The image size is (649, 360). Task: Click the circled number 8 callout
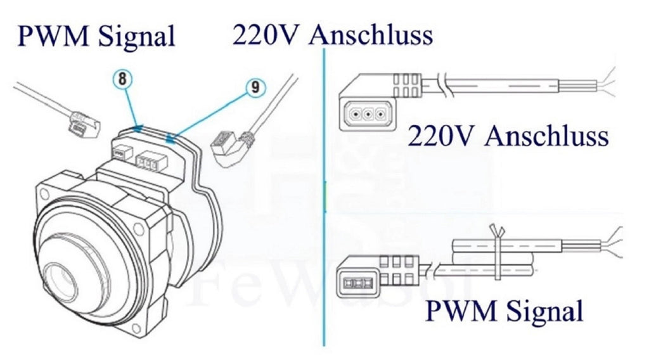pos(122,79)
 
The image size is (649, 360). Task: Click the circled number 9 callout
pos(255,87)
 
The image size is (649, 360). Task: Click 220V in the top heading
pos(265,34)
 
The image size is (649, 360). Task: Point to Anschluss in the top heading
pos(371,34)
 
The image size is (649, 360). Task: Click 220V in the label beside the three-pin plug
pos(440,136)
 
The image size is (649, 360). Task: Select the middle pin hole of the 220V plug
pos(368,113)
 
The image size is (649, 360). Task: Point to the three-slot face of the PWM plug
pos(357,283)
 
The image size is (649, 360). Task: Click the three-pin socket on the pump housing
pos(147,162)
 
